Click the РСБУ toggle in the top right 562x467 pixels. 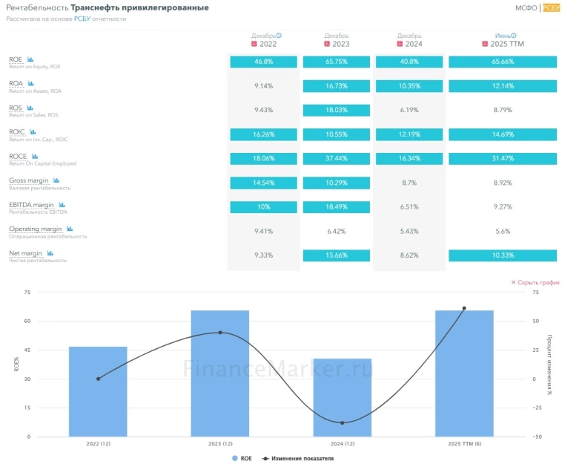click(551, 8)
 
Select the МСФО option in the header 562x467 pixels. click(526, 8)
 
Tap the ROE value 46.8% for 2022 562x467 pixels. click(263, 62)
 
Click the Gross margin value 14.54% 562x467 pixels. click(263, 183)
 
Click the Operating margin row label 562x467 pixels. click(35, 229)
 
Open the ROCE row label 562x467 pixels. click(18, 157)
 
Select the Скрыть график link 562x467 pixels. click(535, 283)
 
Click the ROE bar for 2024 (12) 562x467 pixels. click(342, 397)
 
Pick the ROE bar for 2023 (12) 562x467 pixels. click(220, 373)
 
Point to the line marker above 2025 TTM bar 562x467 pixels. click(464, 308)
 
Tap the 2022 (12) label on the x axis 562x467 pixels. click(98, 444)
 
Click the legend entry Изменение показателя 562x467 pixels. click(300, 459)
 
